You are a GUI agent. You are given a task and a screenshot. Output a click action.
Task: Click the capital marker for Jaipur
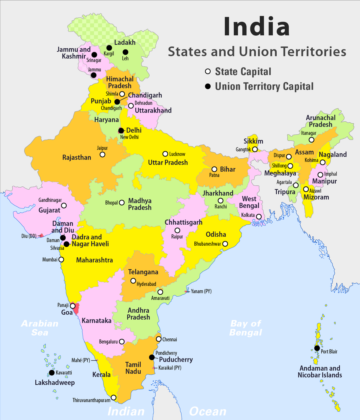coord(102,154)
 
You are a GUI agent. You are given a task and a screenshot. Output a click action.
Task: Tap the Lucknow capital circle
coord(165,154)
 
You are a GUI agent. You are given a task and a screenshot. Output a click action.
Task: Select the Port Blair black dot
coord(317,348)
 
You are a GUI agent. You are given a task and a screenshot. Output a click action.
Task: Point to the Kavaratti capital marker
coord(52,373)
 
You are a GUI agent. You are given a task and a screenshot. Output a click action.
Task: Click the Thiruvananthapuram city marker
coord(113,397)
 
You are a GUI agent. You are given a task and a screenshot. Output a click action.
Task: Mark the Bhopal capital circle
coord(122,202)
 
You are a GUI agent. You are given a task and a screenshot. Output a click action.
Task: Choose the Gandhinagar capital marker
coord(64,205)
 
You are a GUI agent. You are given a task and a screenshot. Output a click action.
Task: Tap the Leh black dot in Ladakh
coord(125,52)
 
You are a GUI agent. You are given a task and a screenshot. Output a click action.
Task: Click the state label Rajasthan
coord(76,157)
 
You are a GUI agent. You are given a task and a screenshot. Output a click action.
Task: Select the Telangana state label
coord(143,272)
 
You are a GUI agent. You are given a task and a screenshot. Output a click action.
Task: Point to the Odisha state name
coord(216,234)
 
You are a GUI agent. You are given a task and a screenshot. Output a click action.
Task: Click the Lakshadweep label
coord(55,382)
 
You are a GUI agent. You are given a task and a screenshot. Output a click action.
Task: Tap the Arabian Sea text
coord(40,328)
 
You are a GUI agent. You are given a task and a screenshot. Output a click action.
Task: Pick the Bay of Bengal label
coord(246,328)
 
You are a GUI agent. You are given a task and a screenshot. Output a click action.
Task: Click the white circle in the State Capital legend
coord(208,71)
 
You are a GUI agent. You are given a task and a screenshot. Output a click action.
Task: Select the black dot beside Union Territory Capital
coord(208,86)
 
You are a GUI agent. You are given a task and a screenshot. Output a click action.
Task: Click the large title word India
coord(256,26)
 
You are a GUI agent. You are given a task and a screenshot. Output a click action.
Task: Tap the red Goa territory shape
coord(76,308)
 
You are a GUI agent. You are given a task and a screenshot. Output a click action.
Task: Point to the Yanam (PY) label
coord(201,291)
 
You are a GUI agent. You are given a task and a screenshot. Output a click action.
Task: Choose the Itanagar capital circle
coord(311,140)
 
